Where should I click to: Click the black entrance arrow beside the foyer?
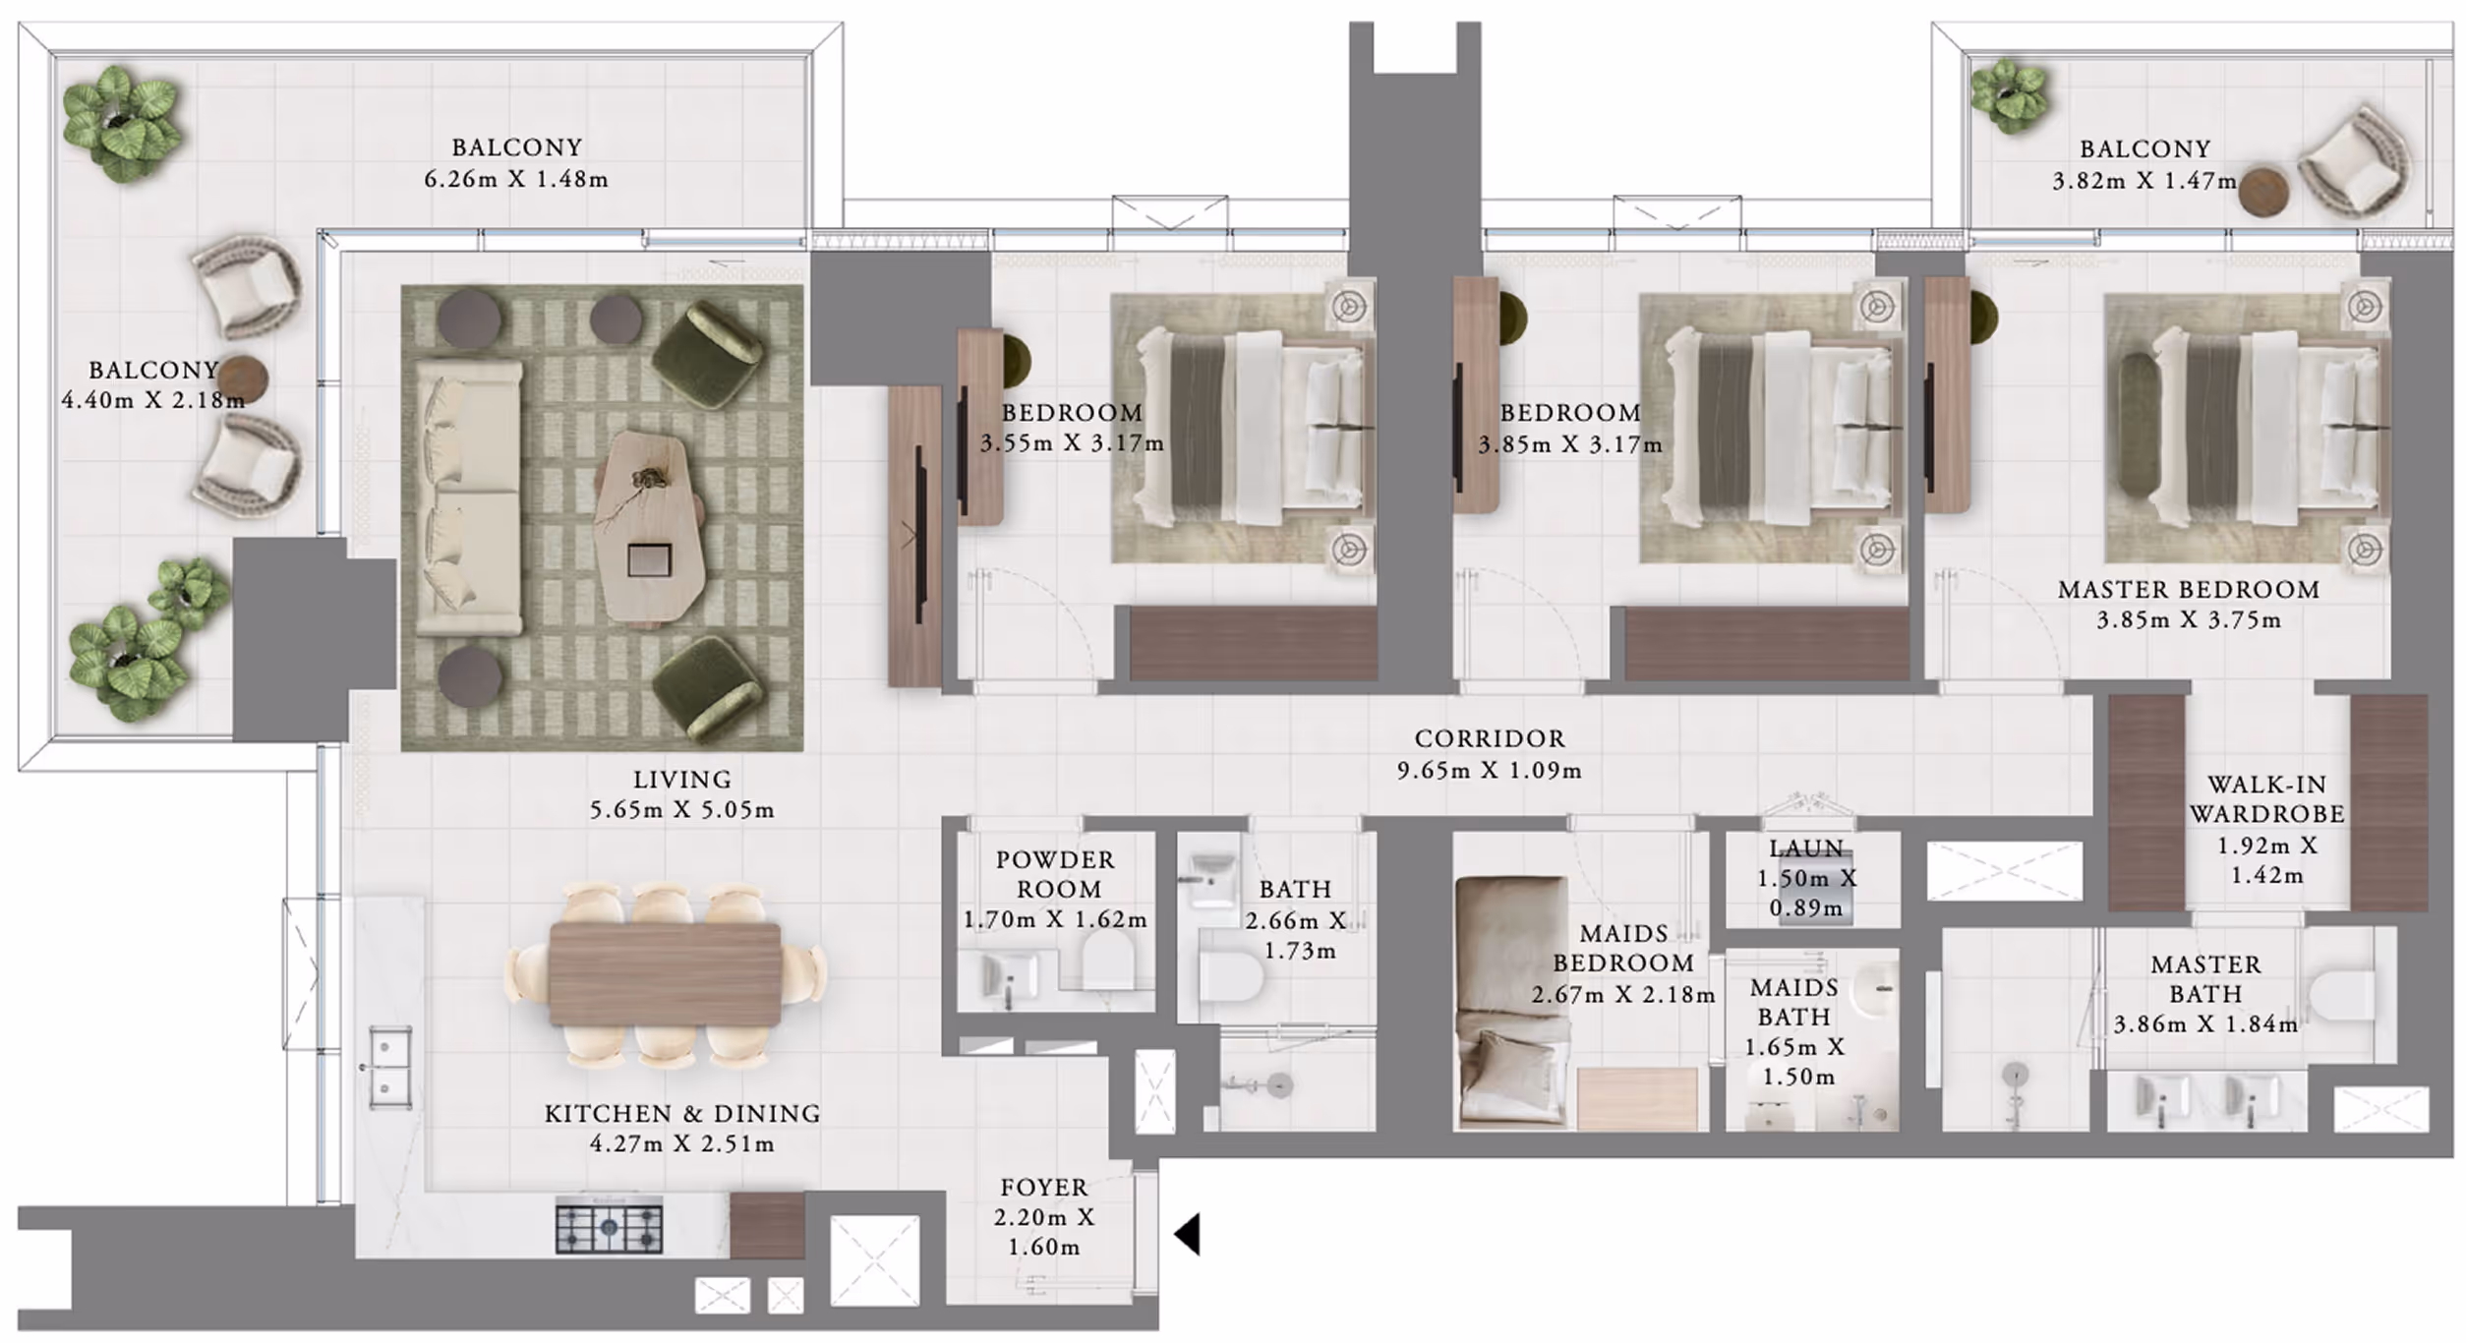tap(1188, 1234)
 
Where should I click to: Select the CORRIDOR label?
tap(1489, 738)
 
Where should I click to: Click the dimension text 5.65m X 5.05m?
tap(681, 810)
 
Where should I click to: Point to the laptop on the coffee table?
tap(649, 560)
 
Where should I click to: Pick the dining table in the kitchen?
tap(666, 973)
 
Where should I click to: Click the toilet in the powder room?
tap(1108, 959)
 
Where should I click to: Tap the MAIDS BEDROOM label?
tap(1623, 948)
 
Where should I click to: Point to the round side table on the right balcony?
tap(2263, 192)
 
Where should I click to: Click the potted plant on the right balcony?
tap(2010, 94)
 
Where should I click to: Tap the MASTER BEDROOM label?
tap(2188, 590)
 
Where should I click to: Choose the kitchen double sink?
tap(389, 1068)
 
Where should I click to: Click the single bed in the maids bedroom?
tap(1512, 1000)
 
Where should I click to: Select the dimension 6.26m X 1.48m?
tap(516, 180)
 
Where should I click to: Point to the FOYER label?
tap(1044, 1188)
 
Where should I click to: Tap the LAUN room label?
tap(1806, 848)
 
